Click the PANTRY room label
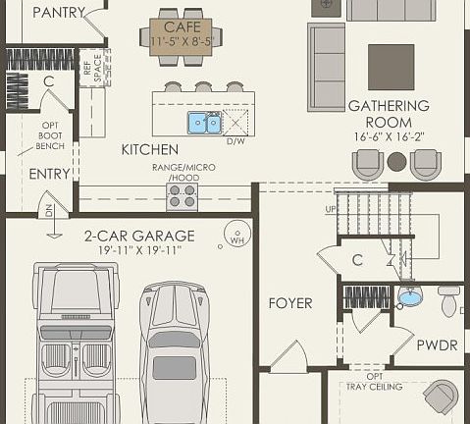pos(59,13)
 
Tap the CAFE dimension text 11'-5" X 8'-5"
pos(182,42)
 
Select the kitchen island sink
pos(204,123)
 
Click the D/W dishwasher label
pos(235,141)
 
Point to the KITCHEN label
pos(149,150)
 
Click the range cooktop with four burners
pos(182,196)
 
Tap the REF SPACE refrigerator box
pos(92,68)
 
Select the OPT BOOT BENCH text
pos(51,135)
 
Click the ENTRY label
pos(49,174)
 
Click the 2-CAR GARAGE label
pos(138,236)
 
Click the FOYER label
pos(289,303)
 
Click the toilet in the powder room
pos(449,298)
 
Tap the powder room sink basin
pos(409,295)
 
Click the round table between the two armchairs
pos(396,162)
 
